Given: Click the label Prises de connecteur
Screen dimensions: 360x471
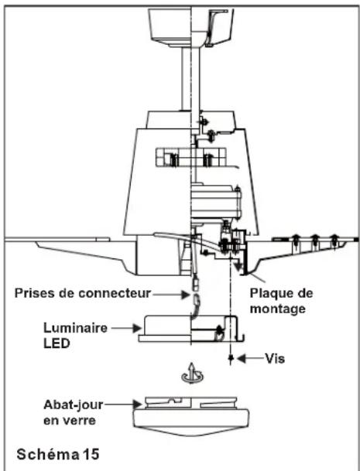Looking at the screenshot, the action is coord(82,293).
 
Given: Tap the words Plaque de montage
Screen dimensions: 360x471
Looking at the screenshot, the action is coord(281,301).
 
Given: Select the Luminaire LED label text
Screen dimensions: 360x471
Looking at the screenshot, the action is coord(75,336).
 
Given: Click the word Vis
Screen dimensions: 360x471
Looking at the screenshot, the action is coord(275,358).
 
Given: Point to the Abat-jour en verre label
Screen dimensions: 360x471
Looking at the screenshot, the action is coord(73,412).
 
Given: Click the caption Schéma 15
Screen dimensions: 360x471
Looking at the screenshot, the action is coord(58,454).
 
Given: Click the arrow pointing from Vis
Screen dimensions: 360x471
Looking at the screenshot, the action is coord(251,358).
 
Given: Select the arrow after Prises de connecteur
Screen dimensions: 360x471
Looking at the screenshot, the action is coord(171,295).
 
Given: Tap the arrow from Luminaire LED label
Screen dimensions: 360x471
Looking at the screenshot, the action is coord(126,328).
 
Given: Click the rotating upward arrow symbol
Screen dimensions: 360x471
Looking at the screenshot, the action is coord(192,373).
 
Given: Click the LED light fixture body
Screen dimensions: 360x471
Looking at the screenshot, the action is coord(191,329).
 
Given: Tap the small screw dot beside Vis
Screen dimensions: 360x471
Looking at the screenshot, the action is coord(231,358).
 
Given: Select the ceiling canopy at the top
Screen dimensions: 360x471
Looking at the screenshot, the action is coord(191,28).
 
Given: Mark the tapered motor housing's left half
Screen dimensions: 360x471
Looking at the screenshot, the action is coord(158,182).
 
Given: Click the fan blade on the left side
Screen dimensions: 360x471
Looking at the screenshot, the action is coord(71,252).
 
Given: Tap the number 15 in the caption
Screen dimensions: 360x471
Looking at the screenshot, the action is coord(91,454).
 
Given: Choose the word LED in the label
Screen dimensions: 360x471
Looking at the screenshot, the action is coord(57,343).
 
